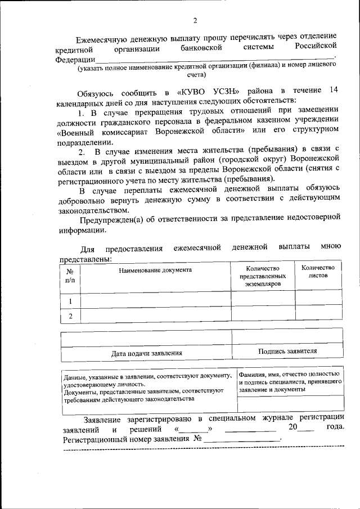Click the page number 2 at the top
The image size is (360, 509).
pyautogui.click(x=195, y=22)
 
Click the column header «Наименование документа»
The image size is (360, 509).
pyautogui.click(x=155, y=270)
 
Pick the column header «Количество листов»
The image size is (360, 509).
pyautogui.click(x=318, y=272)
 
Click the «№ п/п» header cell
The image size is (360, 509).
pyautogui.click(x=70, y=275)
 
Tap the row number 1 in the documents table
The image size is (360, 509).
pyautogui.click(x=70, y=300)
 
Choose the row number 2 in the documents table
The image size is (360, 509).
pyautogui.click(x=70, y=316)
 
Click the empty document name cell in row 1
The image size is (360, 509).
pyautogui.click(x=155, y=300)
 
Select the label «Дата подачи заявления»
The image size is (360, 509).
pyautogui.click(x=146, y=353)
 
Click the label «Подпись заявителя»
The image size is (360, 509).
pyautogui.click(x=287, y=351)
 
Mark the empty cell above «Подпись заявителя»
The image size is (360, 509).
pyautogui.click(x=287, y=337)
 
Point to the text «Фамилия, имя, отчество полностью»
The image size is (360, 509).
pyautogui.click(x=288, y=373)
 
